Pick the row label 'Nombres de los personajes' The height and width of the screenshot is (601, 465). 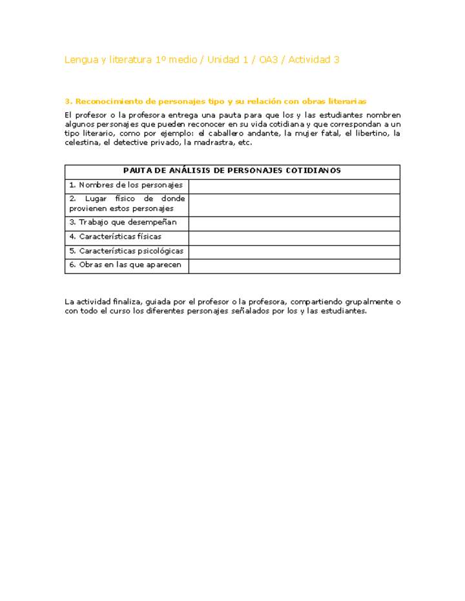(x=126, y=185)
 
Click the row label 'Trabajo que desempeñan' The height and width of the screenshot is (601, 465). (x=123, y=222)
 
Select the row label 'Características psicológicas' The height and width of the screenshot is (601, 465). (x=126, y=251)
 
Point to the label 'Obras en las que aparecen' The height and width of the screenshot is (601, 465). (x=125, y=265)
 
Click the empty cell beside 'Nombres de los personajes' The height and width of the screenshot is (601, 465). (x=294, y=186)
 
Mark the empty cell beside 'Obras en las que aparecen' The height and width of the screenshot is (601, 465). (x=294, y=266)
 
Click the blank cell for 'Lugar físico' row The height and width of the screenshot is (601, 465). (x=294, y=204)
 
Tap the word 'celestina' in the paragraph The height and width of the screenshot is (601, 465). (x=82, y=143)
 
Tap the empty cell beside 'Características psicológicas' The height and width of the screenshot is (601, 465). (x=294, y=251)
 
